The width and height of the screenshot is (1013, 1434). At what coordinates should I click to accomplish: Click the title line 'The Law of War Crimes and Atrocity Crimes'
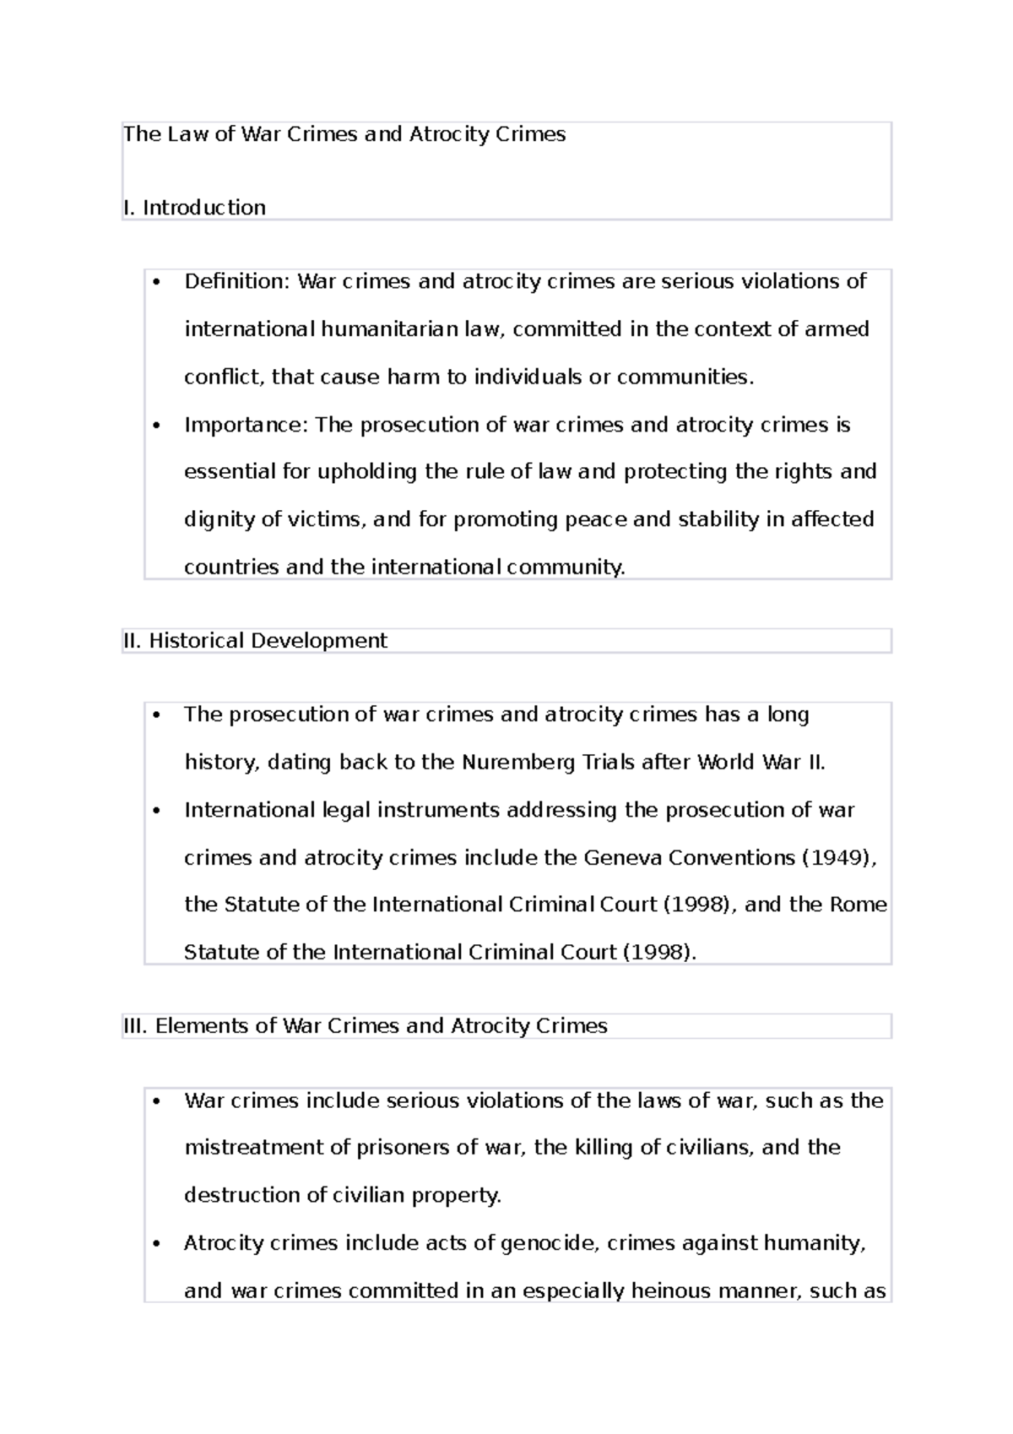[x=344, y=134]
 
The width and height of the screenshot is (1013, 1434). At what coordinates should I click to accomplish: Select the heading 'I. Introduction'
[x=194, y=208]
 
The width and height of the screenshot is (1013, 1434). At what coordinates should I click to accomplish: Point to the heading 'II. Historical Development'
[x=255, y=641]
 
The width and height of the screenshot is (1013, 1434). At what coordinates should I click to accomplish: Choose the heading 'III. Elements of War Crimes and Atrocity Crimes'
[x=365, y=1026]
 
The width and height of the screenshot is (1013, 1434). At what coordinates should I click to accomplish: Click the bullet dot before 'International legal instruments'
[x=156, y=812]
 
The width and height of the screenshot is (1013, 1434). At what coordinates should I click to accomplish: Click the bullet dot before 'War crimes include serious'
[x=156, y=1102]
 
